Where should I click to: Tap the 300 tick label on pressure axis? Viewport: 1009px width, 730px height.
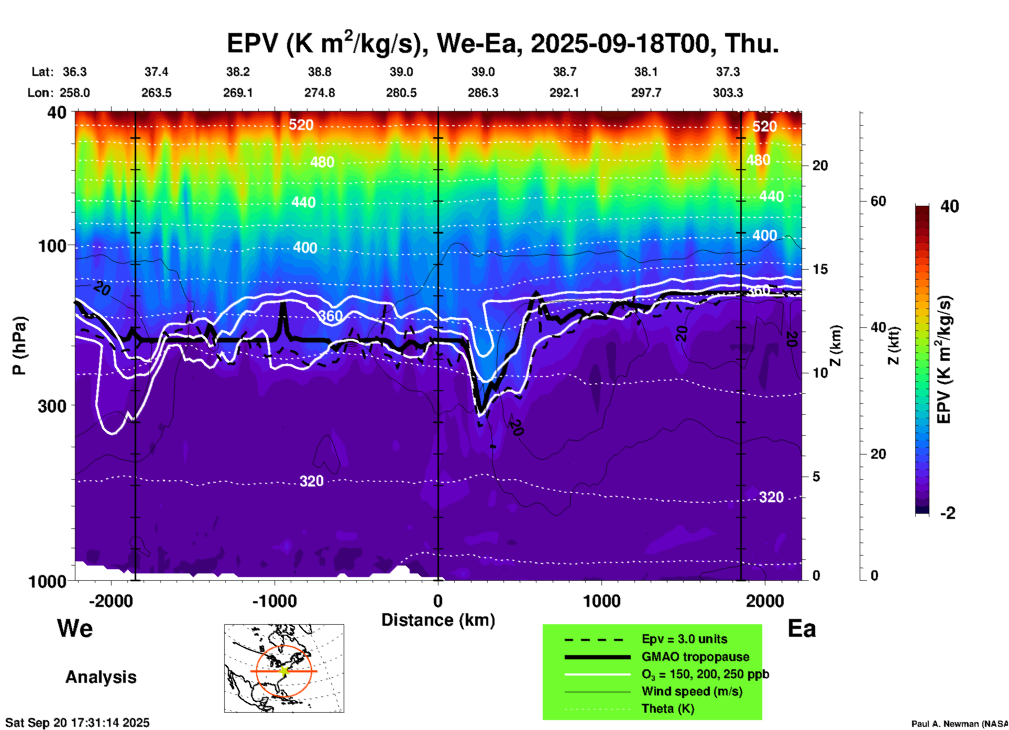pyautogui.click(x=52, y=406)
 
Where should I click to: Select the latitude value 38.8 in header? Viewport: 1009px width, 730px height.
pyautogui.click(x=319, y=72)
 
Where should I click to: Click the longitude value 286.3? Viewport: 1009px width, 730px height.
pyautogui.click(x=482, y=93)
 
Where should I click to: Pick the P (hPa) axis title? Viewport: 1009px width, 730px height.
pyautogui.click(x=19, y=346)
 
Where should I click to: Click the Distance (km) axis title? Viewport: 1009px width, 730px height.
pyautogui.click(x=438, y=620)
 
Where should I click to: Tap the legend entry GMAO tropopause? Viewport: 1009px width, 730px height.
pyautogui.click(x=695, y=657)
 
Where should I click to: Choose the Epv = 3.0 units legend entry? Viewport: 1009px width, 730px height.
pyautogui.click(x=684, y=639)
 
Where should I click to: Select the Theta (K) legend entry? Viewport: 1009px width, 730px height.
pyautogui.click(x=667, y=709)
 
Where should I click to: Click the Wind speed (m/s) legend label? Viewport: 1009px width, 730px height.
pyautogui.click(x=692, y=691)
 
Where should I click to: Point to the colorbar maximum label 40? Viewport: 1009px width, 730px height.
pyautogui.click(x=949, y=206)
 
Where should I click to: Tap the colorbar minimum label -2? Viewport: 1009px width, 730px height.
pyautogui.click(x=948, y=513)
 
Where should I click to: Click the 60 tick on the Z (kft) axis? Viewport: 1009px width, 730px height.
pyautogui.click(x=878, y=201)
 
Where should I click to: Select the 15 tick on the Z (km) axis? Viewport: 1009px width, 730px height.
pyautogui.click(x=820, y=269)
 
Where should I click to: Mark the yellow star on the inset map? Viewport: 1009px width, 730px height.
pyautogui.click(x=284, y=671)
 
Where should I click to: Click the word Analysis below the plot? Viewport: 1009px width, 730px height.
pyautogui.click(x=101, y=677)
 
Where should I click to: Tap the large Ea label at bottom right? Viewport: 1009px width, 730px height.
pyautogui.click(x=802, y=628)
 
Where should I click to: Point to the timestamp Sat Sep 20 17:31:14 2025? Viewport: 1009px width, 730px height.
pyautogui.click(x=78, y=723)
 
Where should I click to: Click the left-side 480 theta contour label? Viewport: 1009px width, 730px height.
pyautogui.click(x=322, y=162)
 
